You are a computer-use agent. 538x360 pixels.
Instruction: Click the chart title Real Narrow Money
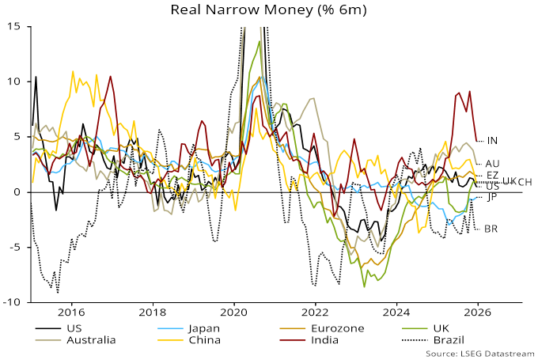pos(269,11)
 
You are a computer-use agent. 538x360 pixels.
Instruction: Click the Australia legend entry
pos(86,340)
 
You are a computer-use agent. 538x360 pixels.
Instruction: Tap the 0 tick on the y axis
pos(21,192)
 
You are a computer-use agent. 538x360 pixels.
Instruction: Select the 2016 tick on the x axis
pos(71,313)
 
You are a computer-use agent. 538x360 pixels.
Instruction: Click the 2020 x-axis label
pos(233,313)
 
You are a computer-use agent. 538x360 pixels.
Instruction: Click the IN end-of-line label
pos(492,141)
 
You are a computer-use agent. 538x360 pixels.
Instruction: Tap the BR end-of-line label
pos(491,229)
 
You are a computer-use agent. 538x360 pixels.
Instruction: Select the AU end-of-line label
pos(492,164)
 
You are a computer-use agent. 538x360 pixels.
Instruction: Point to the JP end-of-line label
pos(491,196)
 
